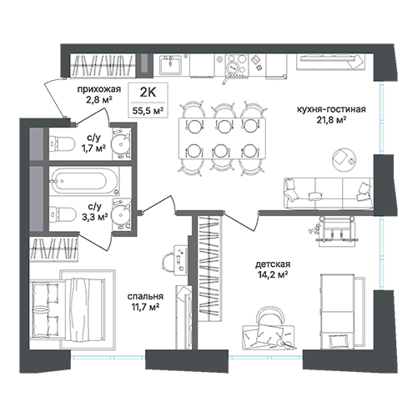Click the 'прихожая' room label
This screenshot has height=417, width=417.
pyautogui.click(x=99, y=89)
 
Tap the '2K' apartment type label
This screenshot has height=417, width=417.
pyautogui.click(x=148, y=93)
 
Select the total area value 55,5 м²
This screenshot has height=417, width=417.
pyautogui.click(x=148, y=111)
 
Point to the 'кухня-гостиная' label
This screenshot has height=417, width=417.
pyautogui.click(x=331, y=109)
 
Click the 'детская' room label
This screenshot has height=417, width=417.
pyautogui.click(x=273, y=264)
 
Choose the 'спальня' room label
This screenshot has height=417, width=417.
pyautogui.click(x=145, y=296)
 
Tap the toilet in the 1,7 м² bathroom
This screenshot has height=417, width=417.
pyautogui.click(x=62, y=144)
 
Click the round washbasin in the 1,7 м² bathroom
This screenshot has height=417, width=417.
pyautogui.click(x=121, y=144)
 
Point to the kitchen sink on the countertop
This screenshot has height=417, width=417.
pyautogui.click(x=170, y=65)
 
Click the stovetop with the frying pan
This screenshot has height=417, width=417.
pyautogui.click(x=237, y=65)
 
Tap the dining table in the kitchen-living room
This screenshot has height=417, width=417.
pyautogui.click(x=222, y=138)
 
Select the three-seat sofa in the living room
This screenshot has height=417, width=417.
pyautogui.click(x=329, y=193)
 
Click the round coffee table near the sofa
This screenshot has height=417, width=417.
pyautogui.click(x=344, y=158)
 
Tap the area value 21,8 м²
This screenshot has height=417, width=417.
pyautogui.click(x=331, y=120)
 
